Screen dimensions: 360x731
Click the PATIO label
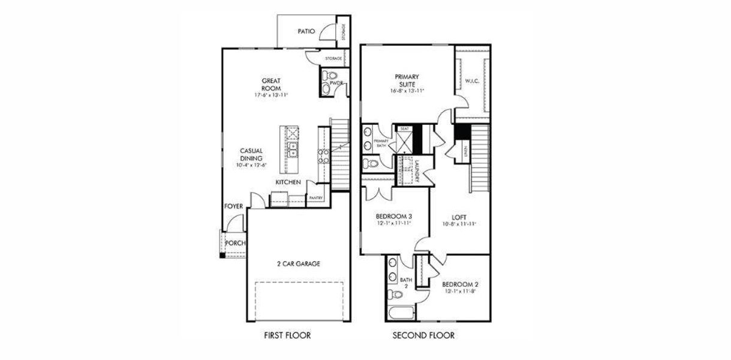[x=306, y=31]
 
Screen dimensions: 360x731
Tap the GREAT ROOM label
[x=271, y=84]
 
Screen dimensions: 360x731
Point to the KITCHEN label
[x=288, y=182]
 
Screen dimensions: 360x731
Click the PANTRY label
[x=315, y=198]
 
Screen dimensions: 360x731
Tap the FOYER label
[x=233, y=206]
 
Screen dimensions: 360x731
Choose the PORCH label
[x=234, y=243]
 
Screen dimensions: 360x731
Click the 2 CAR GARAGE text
[x=298, y=263]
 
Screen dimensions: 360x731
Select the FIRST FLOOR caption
[x=287, y=335]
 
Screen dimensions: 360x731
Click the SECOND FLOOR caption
[x=423, y=335]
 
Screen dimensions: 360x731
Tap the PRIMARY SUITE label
[x=407, y=80]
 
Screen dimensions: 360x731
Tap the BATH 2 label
[x=405, y=283]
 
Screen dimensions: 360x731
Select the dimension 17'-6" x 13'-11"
[x=271, y=95]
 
